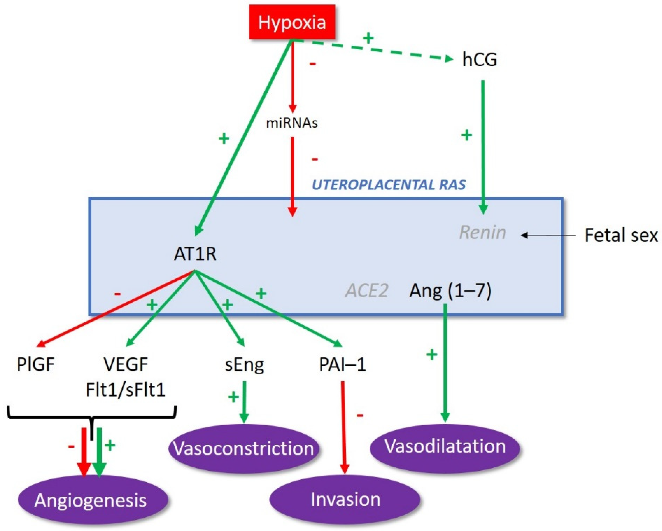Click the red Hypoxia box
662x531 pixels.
click(292, 22)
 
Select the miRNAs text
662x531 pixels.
click(292, 123)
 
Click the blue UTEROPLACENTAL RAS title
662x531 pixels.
click(389, 185)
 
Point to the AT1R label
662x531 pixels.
click(195, 254)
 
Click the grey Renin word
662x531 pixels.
click(482, 233)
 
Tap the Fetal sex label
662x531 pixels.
click(621, 235)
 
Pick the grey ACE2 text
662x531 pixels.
click(367, 290)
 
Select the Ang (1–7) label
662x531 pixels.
click(450, 290)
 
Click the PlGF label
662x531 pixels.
click(36, 365)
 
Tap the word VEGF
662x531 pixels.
click(126, 365)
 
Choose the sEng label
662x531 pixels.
click(244, 365)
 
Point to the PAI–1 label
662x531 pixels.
click(342, 365)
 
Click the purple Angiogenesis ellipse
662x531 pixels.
click(91, 500)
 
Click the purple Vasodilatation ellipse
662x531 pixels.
click(445, 446)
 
